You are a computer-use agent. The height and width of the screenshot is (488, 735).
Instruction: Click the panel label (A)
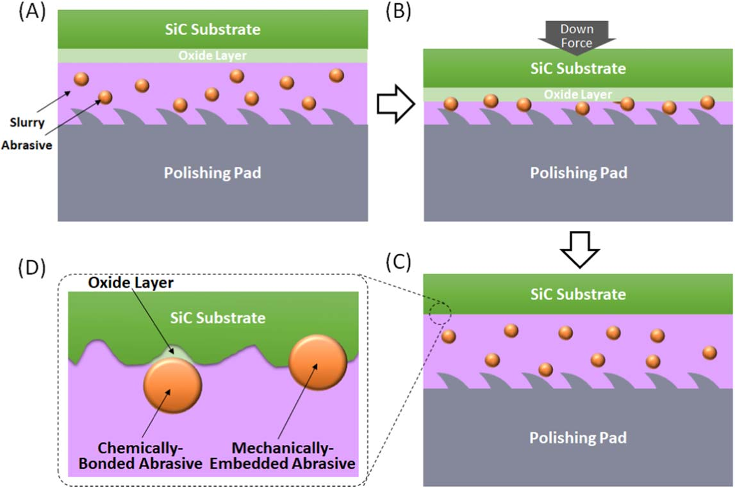[33, 13]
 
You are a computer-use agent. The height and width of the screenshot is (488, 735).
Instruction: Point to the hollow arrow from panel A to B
[393, 105]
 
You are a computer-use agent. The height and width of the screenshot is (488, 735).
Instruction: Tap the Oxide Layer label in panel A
[213, 56]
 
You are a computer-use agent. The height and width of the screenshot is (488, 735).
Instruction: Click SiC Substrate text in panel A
[213, 29]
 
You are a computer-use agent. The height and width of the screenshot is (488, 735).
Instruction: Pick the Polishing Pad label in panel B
[578, 172]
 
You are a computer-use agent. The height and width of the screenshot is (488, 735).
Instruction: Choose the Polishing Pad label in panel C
[578, 437]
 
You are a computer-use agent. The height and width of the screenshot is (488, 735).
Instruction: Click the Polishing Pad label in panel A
[213, 172]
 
